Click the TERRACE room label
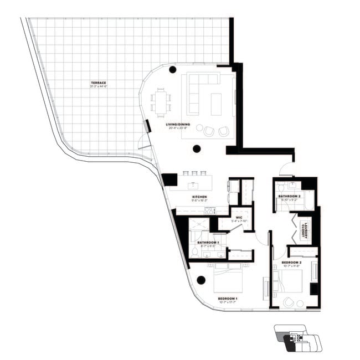coord(99,83)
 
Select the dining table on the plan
coord(161,102)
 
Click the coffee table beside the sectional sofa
coord(216,104)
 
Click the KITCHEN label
coord(199,197)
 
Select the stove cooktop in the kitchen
coord(210,210)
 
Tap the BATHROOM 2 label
coord(289,196)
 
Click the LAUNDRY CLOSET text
coord(304,230)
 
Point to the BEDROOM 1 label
coord(228,299)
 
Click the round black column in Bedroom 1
coord(201,280)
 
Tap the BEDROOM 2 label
coord(291,262)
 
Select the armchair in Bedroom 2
coord(288,302)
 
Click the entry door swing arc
coord(287,168)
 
